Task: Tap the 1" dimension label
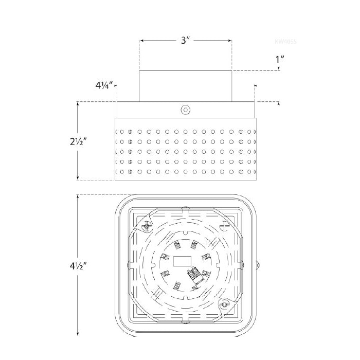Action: (x=280, y=59)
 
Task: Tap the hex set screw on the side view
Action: (x=185, y=110)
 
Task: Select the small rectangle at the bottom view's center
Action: (x=183, y=260)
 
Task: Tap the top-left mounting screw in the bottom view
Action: (x=148, y=225)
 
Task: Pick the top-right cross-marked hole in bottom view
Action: (x=226, y=225)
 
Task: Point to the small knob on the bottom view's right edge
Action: (x=258, y=265)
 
